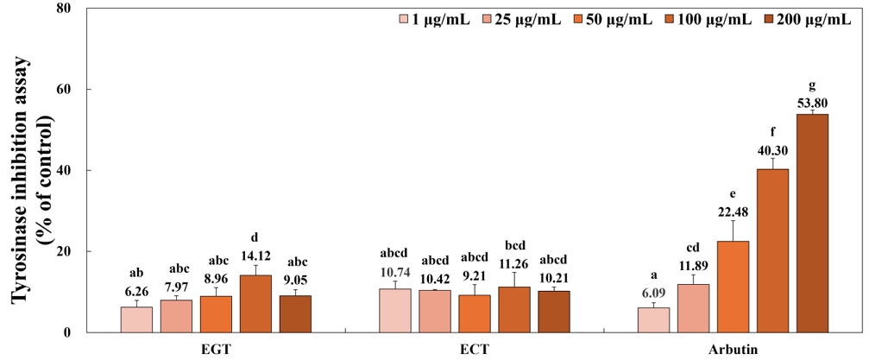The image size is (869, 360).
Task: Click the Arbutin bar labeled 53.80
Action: tap(812, 223)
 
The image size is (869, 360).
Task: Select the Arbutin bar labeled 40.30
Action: tap(772, 250)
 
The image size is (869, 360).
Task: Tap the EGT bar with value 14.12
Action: tap(255, 303)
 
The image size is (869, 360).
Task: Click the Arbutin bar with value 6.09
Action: tap(653, 319)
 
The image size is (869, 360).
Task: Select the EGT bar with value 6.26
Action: tap(136, 319)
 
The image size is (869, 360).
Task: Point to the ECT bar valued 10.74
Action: tap(395, 310)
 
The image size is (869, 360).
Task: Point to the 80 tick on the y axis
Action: tap(64, 9)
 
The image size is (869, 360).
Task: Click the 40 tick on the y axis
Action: tap(64, 170)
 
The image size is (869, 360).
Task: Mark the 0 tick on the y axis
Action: tap(68, 332)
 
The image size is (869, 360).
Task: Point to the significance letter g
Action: tap(812, 85)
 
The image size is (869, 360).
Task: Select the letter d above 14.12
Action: tap(255, 238)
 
